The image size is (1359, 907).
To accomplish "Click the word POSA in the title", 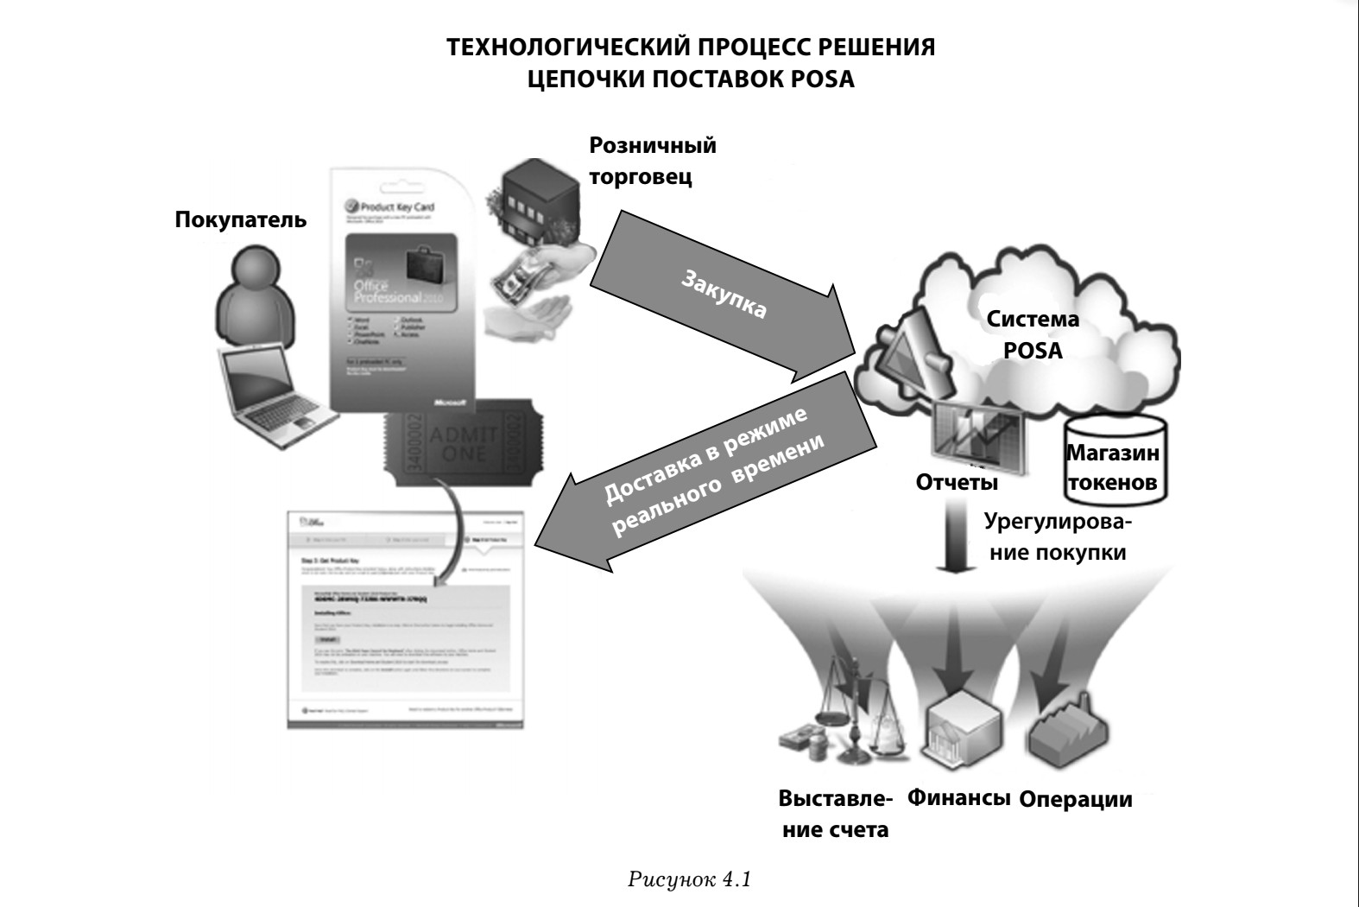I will point(822,79).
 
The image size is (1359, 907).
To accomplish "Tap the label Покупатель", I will point(240,219).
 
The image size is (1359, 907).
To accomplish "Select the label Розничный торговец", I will point(652,161).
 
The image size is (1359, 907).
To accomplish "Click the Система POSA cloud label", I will point(1033,334).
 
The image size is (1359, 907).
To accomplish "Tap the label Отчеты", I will point(956,482).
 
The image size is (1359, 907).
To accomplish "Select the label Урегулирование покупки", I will point(1059,537).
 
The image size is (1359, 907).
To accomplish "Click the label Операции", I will point(1075,799).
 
